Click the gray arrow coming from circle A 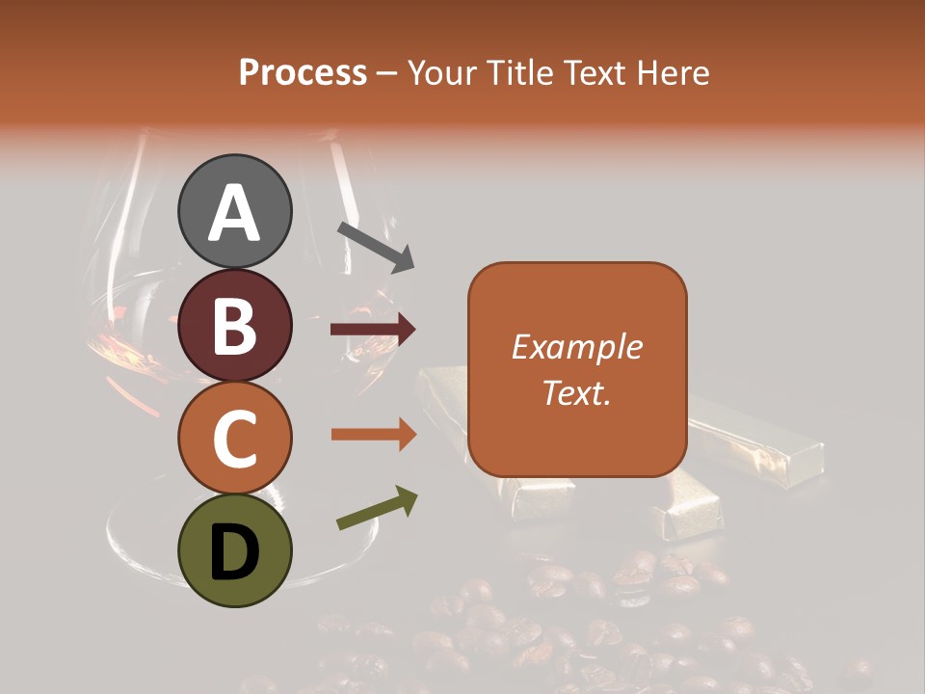375,246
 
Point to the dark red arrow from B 373,330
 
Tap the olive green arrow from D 377,508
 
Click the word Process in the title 303,73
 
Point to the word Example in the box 576,347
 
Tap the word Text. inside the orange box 576,392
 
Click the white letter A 235,213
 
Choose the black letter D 235,552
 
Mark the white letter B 235,326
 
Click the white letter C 235,439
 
